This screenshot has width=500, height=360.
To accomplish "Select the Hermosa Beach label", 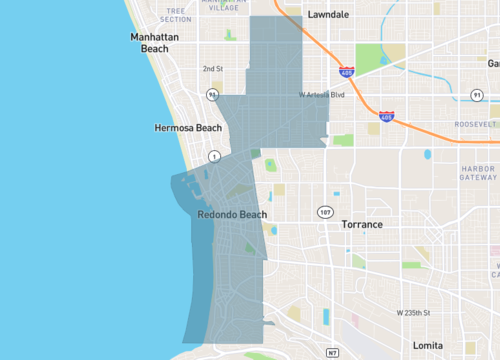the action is (188, 128).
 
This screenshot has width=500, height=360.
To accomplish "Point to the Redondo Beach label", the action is (232, 215).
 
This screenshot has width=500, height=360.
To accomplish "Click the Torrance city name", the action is (361, 224).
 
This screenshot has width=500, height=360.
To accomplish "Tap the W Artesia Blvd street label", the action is (322, 96).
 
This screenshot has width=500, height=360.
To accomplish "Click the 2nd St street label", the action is (212, 69).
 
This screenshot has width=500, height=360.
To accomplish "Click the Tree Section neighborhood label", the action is (175, 14).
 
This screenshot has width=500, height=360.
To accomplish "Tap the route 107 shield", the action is (325, 212).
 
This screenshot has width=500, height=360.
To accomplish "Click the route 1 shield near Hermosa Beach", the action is (214, 156).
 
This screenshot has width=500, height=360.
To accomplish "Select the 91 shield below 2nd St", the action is (212, 95).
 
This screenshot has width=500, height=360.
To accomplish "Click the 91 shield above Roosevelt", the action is (477, 95).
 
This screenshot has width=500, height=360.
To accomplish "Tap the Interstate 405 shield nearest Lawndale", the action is (346, 72).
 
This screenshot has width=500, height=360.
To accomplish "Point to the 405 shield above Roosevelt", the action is (385, 117).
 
